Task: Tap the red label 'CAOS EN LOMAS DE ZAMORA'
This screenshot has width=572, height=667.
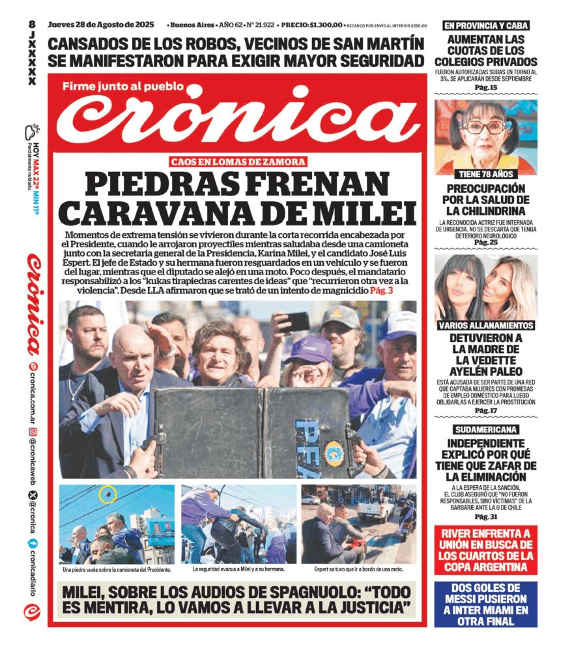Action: [x=237, y=162]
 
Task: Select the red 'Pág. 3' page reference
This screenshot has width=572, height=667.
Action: [x=381, y=290]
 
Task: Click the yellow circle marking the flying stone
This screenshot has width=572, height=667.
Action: [x=107, y=494]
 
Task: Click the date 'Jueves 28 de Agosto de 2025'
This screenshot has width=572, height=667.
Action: [x=101, y=25]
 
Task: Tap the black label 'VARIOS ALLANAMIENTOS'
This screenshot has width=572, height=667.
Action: [x=486, y=325]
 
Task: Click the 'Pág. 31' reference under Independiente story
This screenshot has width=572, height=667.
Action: [x=486, y=517]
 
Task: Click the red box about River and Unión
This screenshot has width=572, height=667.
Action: [x=486, y=550]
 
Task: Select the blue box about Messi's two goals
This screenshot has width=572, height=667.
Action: [x=486, y=604]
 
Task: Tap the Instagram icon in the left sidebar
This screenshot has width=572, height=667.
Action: [x=33, y=432]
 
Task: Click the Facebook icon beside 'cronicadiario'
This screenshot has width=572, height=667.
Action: [x=32, y=543]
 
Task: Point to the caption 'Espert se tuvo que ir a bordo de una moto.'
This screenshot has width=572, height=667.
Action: [x=358, y=569]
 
